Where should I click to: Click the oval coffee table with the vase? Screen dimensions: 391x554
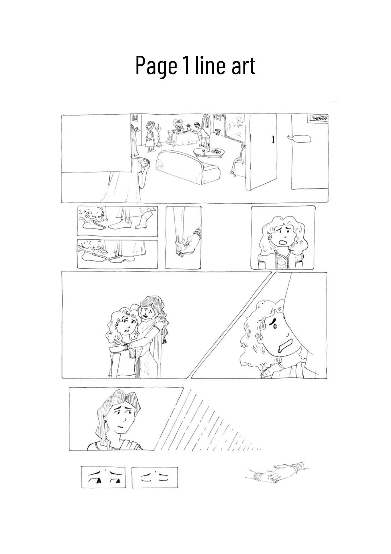click(x=209, y=152)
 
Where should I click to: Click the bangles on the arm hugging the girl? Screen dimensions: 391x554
click(x=126, y=347)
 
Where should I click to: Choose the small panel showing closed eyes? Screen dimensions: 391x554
click(x=155, y=477)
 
